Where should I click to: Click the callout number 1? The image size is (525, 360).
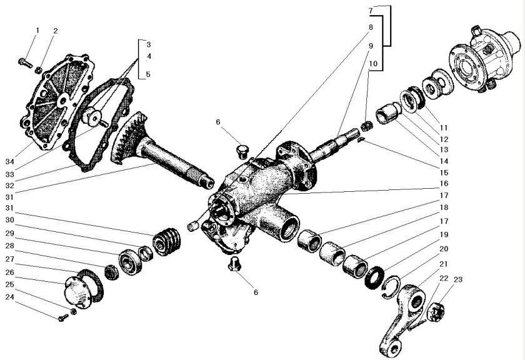(x=37, y=30)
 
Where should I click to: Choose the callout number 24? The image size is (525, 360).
(x=148, y=75)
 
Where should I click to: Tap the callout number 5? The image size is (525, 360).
(x=148, y=75)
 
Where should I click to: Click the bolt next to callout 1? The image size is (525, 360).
(x=24, y=62)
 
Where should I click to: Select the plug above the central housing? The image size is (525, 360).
(x=242, y=151)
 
